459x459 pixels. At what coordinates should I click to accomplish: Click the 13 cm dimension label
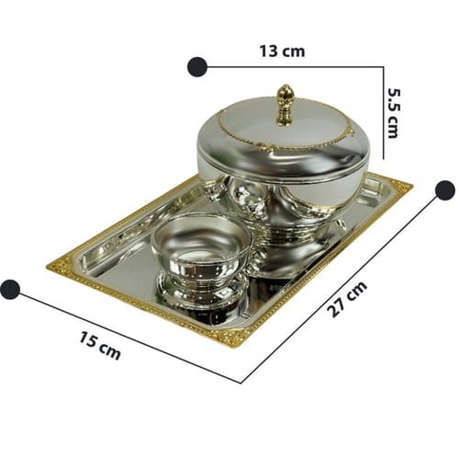pyautogui.click(x=282, y=52)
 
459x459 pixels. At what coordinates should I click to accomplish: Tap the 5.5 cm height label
pyautogui.click(x=394, y=113)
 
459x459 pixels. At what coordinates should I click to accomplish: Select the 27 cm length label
pyautogui.click(x=347, y=299)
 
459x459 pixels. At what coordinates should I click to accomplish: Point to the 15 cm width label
pyautogui.click(x=100, y=345)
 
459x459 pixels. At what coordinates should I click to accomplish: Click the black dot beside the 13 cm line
pyautogui.click(x=197, y=66)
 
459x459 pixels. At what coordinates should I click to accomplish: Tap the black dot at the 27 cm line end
pyautogui.click(x=444, y=190)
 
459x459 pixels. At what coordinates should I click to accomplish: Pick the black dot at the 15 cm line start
pyautogui.click(x=10, y=290)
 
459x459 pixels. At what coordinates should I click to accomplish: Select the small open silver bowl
pyautogui.click(x=201, y=242)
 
